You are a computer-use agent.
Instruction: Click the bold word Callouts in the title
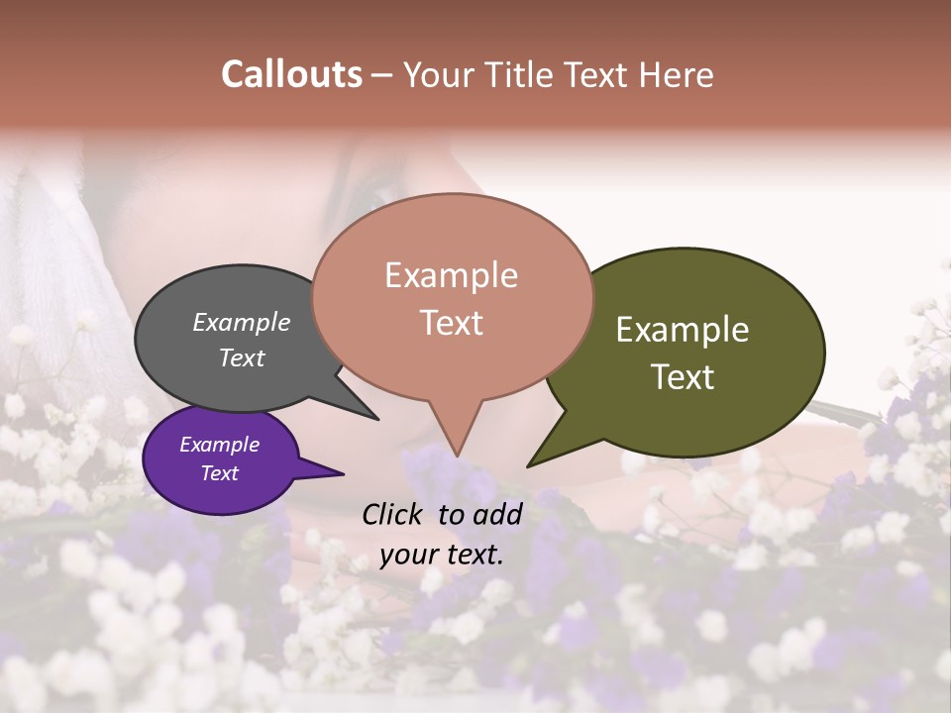[x=291, y=74]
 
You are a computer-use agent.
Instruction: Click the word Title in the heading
[x=521, y=74]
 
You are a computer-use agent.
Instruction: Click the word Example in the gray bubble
[x=241, y=322]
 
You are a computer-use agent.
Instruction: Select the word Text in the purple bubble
[x=219, y=473]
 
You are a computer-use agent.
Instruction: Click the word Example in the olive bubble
[x=683, y=330]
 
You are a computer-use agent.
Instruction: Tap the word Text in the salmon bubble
[x=452, y=323]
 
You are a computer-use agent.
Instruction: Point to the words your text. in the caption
[x=442, y=555]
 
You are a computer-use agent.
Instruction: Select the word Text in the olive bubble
[x=683, y=377]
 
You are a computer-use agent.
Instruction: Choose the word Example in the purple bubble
[x=219, y=445]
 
